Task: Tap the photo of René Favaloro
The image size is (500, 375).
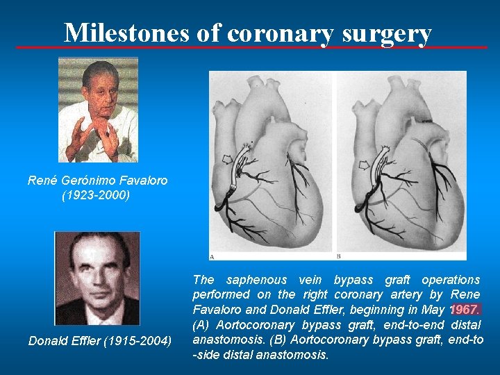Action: (x=98, y=109)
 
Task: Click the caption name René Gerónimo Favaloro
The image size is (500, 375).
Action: (x=97, y=181)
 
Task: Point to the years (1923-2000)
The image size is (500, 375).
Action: (x=97, y=195)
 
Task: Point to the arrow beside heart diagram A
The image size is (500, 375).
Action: (x=226, y=160)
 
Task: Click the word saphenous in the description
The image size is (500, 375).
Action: (x=258, y=280)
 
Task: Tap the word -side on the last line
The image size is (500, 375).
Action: (x=208, y=355)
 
